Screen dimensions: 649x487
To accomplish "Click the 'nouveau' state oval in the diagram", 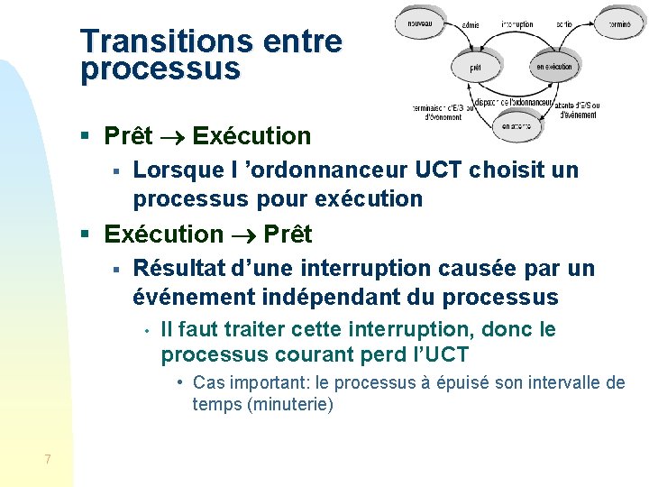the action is (x=420, y=23).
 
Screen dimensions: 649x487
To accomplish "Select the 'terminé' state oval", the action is (x=618, y=23).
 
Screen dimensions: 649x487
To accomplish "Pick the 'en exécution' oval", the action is (x=554, y=67).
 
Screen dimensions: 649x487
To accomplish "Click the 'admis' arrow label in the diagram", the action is (x=471, y=25).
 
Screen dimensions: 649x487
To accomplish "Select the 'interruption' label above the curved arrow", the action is (x=517, y=24).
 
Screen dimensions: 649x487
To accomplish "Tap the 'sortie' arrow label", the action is (x=564, y=24).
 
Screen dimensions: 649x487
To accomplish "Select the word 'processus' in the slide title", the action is (x=160, y=69).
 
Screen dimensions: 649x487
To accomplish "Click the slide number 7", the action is (x=47, y=460).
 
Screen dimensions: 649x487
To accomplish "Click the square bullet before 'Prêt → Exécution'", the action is (x=85, y=137).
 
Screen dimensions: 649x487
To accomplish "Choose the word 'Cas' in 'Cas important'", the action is (x=208, y=382).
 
